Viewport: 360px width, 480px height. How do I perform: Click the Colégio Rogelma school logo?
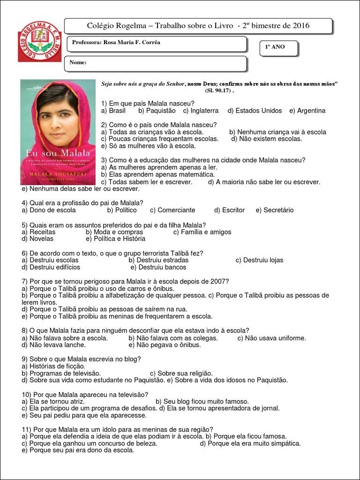[x=39, y=42]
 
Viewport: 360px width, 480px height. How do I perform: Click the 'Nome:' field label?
[x=78, y=62]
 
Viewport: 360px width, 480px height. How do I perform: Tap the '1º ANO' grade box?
[x=275, y=47]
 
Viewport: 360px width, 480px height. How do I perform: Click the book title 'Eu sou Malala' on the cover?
[x=58, y=153]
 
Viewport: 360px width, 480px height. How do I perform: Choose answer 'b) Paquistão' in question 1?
[x=157, y=111]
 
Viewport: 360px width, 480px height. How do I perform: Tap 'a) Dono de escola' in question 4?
[x=49, y=210]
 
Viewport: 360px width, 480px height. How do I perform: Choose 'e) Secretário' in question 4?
[x=275, y=210]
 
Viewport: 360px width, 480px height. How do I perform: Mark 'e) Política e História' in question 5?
[x=115, y=239]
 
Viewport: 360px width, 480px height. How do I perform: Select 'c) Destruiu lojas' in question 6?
[x=259, y=260]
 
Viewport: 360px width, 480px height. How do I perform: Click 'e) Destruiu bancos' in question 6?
[x=158, y=267]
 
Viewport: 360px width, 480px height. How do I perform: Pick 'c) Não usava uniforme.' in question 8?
[x=271, y=338]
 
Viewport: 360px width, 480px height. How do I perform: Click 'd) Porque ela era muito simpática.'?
[x=250, y=443]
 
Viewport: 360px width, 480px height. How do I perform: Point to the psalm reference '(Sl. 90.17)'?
[x=219, y=90]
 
